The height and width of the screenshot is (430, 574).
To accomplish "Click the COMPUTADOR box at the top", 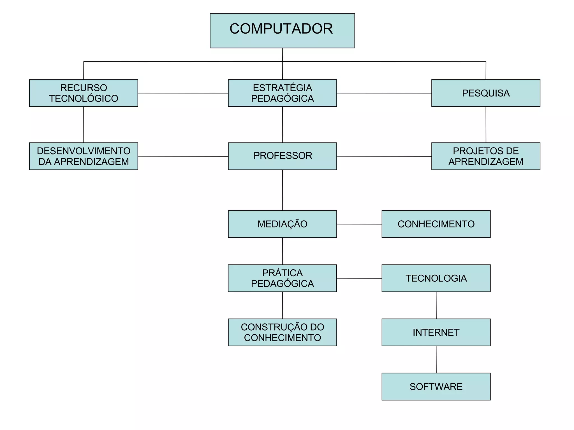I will click(282, 31).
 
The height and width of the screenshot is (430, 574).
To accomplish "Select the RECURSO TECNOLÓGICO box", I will click(84, 93).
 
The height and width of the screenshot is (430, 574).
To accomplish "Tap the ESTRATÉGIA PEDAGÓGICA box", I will click(282, 93).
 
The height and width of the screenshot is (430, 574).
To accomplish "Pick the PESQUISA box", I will click(486, 93).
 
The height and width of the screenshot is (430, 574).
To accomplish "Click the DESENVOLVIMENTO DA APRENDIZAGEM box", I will click(84, 156).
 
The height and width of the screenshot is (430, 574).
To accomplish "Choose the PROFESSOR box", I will click(282, 156).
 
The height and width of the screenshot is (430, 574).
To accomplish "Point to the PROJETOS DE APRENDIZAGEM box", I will click(486, 156).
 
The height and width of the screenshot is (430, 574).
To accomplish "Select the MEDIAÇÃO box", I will click(282, 224).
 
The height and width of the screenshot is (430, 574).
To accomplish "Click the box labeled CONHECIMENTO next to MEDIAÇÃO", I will click(436, 224).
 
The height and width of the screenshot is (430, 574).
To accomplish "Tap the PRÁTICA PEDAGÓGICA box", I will click(282, 278).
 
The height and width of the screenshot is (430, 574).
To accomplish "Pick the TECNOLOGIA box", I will click(436, 278).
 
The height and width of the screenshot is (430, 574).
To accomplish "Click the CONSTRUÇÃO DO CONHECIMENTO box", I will click(282, 332).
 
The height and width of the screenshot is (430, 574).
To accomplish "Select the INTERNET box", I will click(436, 332).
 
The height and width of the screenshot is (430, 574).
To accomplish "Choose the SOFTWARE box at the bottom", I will click(436, 386).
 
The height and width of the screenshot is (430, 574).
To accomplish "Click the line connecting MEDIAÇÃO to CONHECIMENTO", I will click(359, 224).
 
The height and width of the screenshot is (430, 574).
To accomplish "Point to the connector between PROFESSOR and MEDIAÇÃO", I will click(283, 190).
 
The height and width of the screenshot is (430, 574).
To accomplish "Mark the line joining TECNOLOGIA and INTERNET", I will click(436, 305).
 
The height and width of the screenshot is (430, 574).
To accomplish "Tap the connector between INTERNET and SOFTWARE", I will click(436, 359).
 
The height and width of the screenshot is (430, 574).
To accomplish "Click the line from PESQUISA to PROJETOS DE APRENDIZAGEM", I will click(486, 125).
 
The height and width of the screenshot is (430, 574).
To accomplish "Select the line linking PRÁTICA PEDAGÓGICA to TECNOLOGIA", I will click(359, 278).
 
